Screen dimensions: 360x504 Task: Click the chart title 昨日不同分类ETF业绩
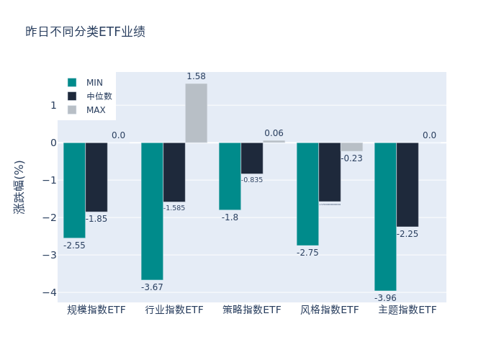(85, 32)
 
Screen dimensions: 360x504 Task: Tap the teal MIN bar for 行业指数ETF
(152, 211)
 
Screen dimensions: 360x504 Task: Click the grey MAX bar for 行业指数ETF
(196, 113)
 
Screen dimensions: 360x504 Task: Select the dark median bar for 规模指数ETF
(96, 177)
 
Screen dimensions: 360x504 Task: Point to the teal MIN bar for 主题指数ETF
(385, 216)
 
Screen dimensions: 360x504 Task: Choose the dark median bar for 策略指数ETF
(252, 158)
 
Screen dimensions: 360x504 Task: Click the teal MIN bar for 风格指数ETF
(307, 194)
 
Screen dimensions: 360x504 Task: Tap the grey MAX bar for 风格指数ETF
(352, 147)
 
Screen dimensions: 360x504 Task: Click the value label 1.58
(196, 76)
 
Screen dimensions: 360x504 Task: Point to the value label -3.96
(385, 297)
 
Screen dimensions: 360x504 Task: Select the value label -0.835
(252, 180)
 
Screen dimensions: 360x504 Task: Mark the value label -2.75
(307, 253)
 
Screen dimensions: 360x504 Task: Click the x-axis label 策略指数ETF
(252, 310)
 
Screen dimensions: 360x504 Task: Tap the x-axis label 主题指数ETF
(408, 310)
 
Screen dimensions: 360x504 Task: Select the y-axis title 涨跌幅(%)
(19, 186)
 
